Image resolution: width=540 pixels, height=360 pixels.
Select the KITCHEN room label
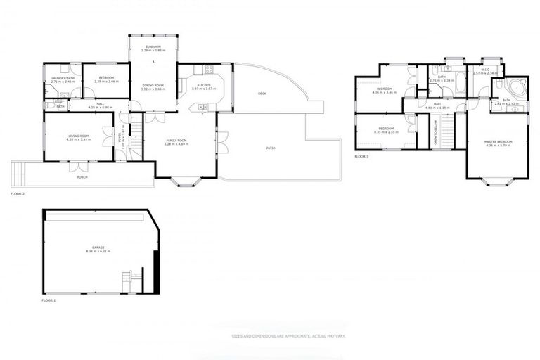pyautogui.click(x=203, y=85)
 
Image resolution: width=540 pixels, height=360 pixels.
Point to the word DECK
pyautogui.click(x=262, y=94)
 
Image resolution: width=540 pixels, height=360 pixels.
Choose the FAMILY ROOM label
pyautogui.click(x=176, y=141)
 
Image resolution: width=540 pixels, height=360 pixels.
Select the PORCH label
pyautogui.click(x=82, y=176)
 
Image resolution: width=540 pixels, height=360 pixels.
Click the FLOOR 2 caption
pyautogui.click(x=18, y=193)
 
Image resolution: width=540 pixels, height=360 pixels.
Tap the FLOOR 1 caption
pyautogui.click(x=49, y=300)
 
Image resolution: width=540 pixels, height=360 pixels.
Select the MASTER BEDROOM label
pyautogui.click(x=498, y=142)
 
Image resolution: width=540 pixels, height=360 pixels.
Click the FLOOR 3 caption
pyautogui.click(x=361, y=156)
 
